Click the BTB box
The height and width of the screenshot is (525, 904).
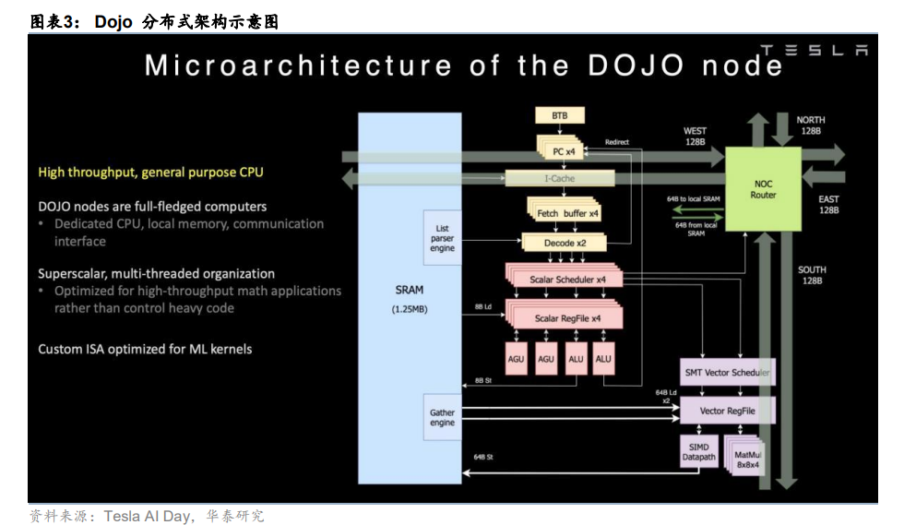[560, 115]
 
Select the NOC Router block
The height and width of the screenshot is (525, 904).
[763, 188]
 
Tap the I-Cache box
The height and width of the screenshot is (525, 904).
[560, 177]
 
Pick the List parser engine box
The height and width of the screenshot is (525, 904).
[442, 238]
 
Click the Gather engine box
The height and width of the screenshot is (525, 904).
[442, 417]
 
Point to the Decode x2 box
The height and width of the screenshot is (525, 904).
[563, 243]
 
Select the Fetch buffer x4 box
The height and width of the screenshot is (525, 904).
[566, 213]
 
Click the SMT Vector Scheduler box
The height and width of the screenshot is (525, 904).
[726, 372]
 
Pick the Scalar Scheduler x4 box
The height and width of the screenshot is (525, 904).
[566, 279]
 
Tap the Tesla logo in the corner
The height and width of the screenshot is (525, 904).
[813, 51]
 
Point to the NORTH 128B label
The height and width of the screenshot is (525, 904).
[811, 125]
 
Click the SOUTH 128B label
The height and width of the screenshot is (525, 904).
[813, 275]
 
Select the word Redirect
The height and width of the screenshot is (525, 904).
[616, 142]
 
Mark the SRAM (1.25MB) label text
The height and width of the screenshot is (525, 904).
[409, 298]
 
